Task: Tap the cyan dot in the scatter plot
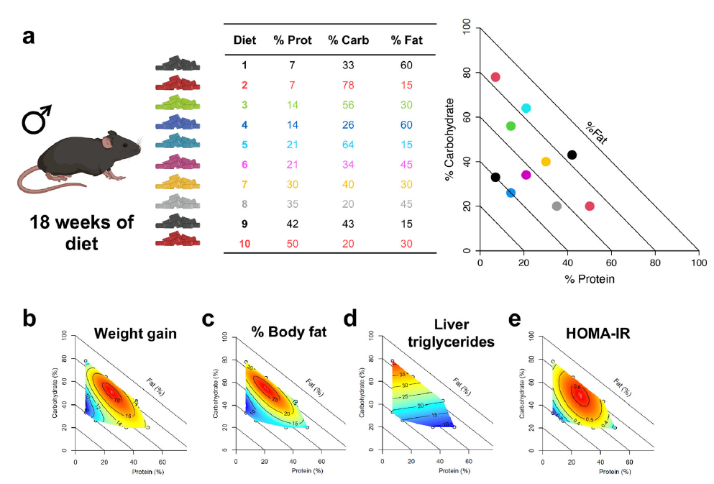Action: pyautogui.click(x=526, y=108)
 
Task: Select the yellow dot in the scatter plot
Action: pyautogui.click(x=546, y=162)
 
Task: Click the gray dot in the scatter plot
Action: pyautogui.click(x=557, y=206)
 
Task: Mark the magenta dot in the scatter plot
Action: pyautogui.click(x=526, y=175)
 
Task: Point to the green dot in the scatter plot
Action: pyautogui.click(x=511, y=126)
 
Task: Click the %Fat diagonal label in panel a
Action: pyautogui.click(x=595, y=132)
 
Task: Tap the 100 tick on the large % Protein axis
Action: pyautogui.click(x=698, y=263)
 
